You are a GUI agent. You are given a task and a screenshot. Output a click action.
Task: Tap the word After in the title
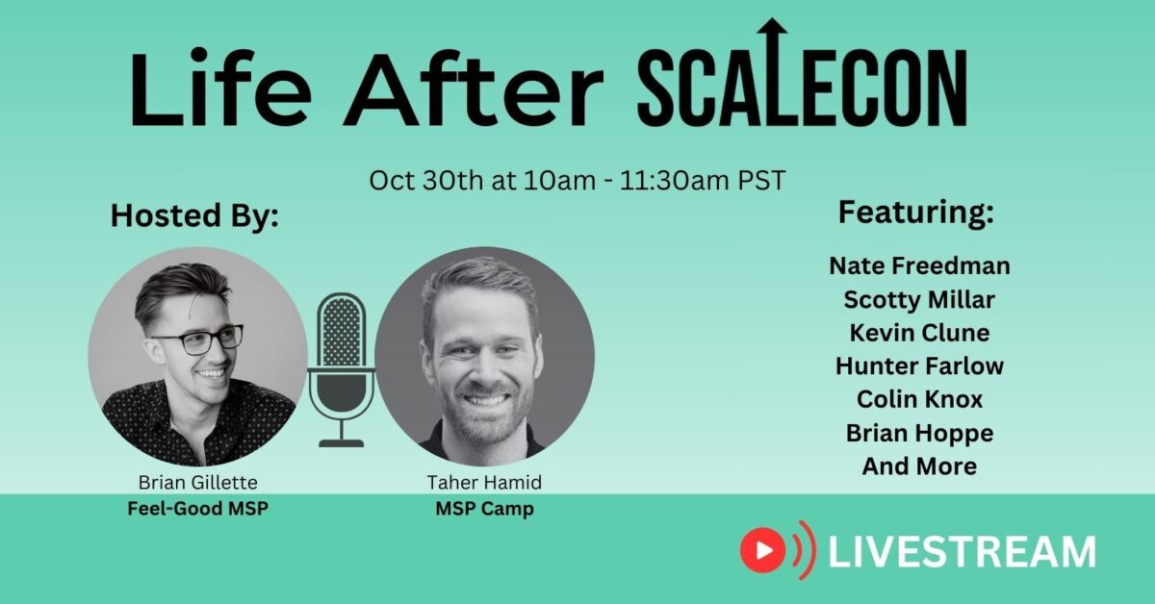tap(474, 89)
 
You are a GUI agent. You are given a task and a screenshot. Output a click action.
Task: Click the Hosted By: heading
tap(194, 214)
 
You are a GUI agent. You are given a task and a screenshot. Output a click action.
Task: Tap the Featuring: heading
tap(914, 213)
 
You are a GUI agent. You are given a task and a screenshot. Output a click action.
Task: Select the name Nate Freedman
tap(919, 266)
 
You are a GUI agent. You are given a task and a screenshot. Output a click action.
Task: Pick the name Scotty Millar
tap(919, 300)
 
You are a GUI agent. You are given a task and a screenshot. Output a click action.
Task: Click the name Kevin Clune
tap(919, 333)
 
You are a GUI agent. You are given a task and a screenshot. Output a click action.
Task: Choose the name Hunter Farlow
tap(919, 366)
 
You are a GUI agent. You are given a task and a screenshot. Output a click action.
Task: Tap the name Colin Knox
tap(919, 399)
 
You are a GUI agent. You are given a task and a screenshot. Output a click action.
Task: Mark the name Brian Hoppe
tap(919, 433)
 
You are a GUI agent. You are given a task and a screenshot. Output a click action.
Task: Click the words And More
tap(919, 466)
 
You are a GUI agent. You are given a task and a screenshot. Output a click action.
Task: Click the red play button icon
tap(764, 550)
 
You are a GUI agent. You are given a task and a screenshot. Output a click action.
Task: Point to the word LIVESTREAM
tap(962, 552)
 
